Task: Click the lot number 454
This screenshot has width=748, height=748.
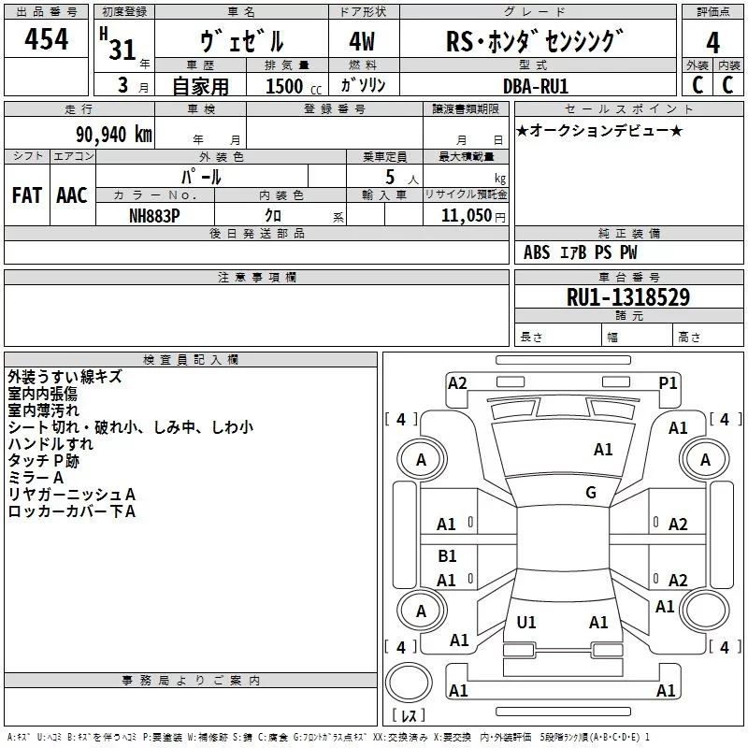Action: coord(47,39)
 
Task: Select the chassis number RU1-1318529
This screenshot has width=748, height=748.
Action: coord(629,297)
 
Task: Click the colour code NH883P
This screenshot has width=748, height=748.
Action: coord(155,214)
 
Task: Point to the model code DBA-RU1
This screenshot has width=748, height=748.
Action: coord(536,84)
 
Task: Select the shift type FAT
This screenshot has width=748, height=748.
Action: coord(27,194)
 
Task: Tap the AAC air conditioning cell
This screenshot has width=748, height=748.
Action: coord(72,194)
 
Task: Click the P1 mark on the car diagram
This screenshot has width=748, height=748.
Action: coord(668,382)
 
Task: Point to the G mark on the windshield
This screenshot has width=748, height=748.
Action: coord(591,493)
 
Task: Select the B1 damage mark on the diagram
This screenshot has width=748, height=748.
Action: coord(447,556)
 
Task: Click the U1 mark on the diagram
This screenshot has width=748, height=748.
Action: coord(526,622)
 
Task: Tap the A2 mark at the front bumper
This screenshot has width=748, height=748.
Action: coord(457,382)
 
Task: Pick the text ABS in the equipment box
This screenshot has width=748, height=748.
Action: coord(537,252)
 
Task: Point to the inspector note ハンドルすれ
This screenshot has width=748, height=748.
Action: coord(50,444)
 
